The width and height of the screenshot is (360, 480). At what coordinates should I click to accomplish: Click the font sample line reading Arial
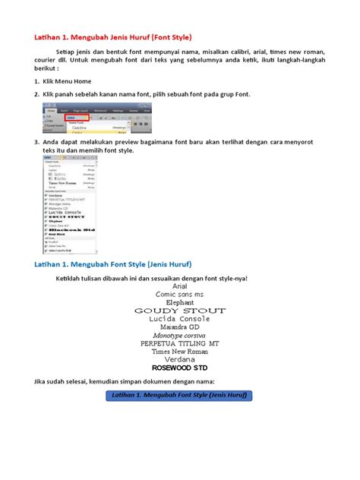tap(180, 286)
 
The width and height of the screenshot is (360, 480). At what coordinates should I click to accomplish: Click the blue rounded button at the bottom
tap(179, 396)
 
